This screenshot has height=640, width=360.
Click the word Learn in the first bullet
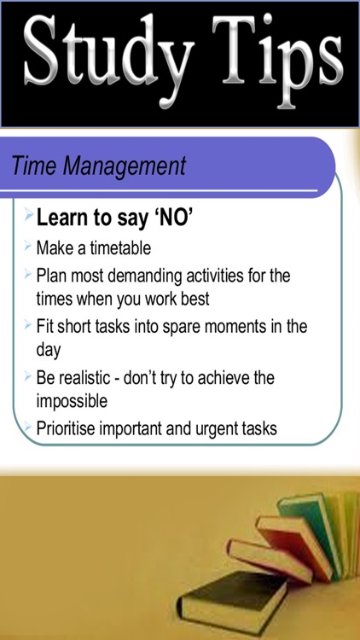tap(65, 219)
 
